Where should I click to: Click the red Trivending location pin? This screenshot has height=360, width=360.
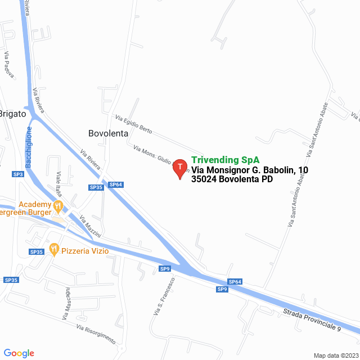[179, 168]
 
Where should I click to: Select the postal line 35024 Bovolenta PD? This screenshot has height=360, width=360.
[232, 179]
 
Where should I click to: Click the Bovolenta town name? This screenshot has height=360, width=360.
[109, 133]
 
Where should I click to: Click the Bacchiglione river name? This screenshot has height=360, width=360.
[29, 147]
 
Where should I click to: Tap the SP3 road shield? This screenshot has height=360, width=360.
[18, 174]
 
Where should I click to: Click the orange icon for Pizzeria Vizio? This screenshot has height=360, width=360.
[54, 248]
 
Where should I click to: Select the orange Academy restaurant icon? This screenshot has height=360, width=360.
[57, 208]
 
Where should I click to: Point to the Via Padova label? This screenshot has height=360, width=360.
[8, 64]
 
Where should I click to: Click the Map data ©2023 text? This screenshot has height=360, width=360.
[335, 355]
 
